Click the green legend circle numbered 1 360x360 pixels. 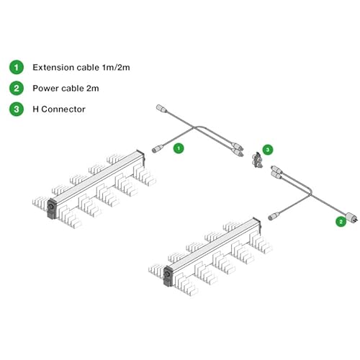[17, 67]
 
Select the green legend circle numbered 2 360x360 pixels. [17, 88]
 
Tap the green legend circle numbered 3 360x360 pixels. [17, 109]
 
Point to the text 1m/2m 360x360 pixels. [116, 67]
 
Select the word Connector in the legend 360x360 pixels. [63, 109]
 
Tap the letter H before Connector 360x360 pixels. [35, 109]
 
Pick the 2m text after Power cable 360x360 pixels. [93, 89]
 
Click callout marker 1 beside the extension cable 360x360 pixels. [179, 148]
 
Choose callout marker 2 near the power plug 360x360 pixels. [341, 222]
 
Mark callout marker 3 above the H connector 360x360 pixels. [268, 150]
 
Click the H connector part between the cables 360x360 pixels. [256, 160]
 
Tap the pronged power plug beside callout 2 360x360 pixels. [351, 217]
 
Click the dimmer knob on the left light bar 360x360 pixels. [51, 207]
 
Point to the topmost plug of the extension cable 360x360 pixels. [161, 109]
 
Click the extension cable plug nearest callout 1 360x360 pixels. [158, 148]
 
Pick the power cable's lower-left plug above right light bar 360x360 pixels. [274, 216]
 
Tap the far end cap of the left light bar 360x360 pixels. [141, 157]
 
